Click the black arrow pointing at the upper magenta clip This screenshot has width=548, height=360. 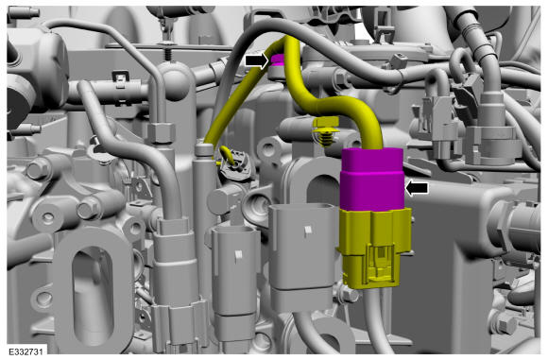pyautogui.click(x=257, y=60)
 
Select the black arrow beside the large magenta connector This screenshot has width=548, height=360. pyautogui.click(x=417, y=188)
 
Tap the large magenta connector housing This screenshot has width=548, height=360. pyautogui.click(x=372, y=180)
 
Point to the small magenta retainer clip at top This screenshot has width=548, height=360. pyautogui.click(x=278, y=60)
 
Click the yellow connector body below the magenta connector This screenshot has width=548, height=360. pyautogui.click(x=373, y=248)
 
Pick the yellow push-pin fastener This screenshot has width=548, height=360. pyautogui.click(x=327, y=132)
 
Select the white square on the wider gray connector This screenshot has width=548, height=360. pyautogui.click(x=308, y=230)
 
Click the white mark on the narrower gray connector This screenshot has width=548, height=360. pyautogui.click(x=238, y=254)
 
